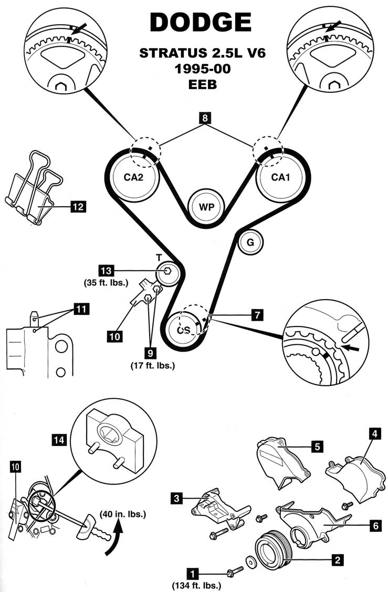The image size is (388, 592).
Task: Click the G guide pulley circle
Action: [x=250, y=242]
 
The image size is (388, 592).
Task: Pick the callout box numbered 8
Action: [x=206, y=119]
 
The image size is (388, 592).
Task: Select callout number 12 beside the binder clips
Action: [x=78, y=207]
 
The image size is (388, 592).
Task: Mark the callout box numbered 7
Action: [x=257, y=315]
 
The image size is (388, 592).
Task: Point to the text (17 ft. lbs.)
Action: [x=153, y=365]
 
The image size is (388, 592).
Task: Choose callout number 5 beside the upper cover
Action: [x=316, y=447]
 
